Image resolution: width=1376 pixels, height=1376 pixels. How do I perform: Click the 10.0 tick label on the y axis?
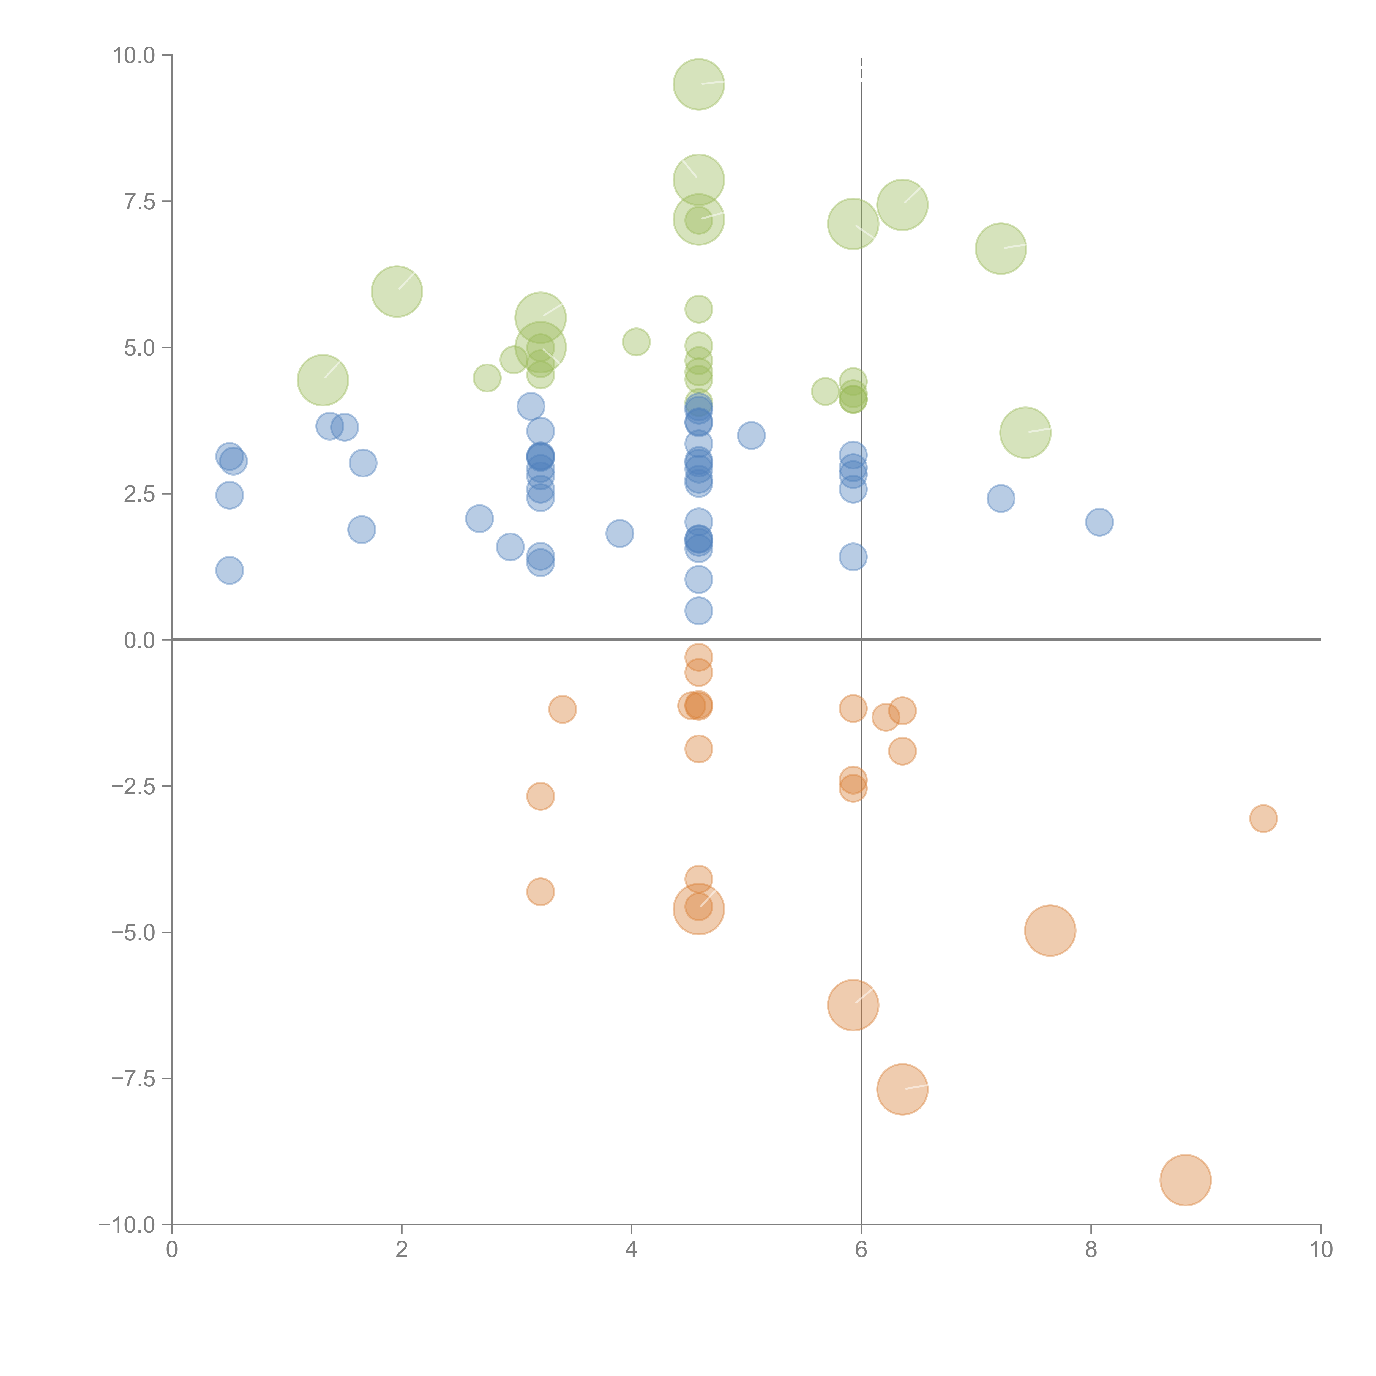[x=134, y=56]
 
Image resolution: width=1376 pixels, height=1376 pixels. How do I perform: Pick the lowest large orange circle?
[x=1185, y=1180]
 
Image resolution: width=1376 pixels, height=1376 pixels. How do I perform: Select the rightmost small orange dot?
[x=1263, y=818]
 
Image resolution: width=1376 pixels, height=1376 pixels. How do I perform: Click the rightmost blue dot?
[x=1099, y=522]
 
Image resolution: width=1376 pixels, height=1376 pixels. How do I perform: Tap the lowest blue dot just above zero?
[x=699, y=610]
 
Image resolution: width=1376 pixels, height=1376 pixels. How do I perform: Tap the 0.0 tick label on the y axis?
[x=139, y=640]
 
